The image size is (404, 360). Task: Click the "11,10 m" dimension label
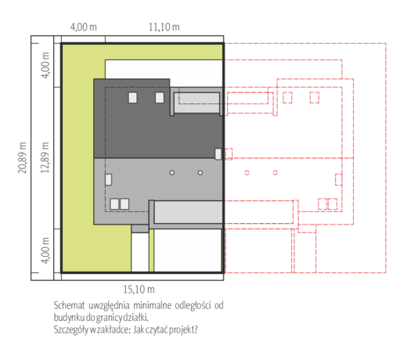[x=164, y=27]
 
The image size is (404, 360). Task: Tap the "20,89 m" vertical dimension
[x=22, y=158]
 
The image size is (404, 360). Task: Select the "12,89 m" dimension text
[x=45, y=158]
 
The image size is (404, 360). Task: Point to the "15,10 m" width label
[x=139, y=290]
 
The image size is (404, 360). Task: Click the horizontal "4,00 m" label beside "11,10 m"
[x=84, y=27]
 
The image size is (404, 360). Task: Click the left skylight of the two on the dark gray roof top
[x=133, y=98]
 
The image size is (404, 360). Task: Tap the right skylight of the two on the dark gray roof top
[x=160, y=98]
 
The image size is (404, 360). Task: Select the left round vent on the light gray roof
[x=171, y=173]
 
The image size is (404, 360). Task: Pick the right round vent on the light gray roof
[x=200, y=173]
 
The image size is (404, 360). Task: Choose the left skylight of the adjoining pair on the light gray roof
[x=114, y=204]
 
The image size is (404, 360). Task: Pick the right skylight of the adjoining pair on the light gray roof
[x=124, y=204]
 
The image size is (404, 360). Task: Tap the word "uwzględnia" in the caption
[x=109, y=306]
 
